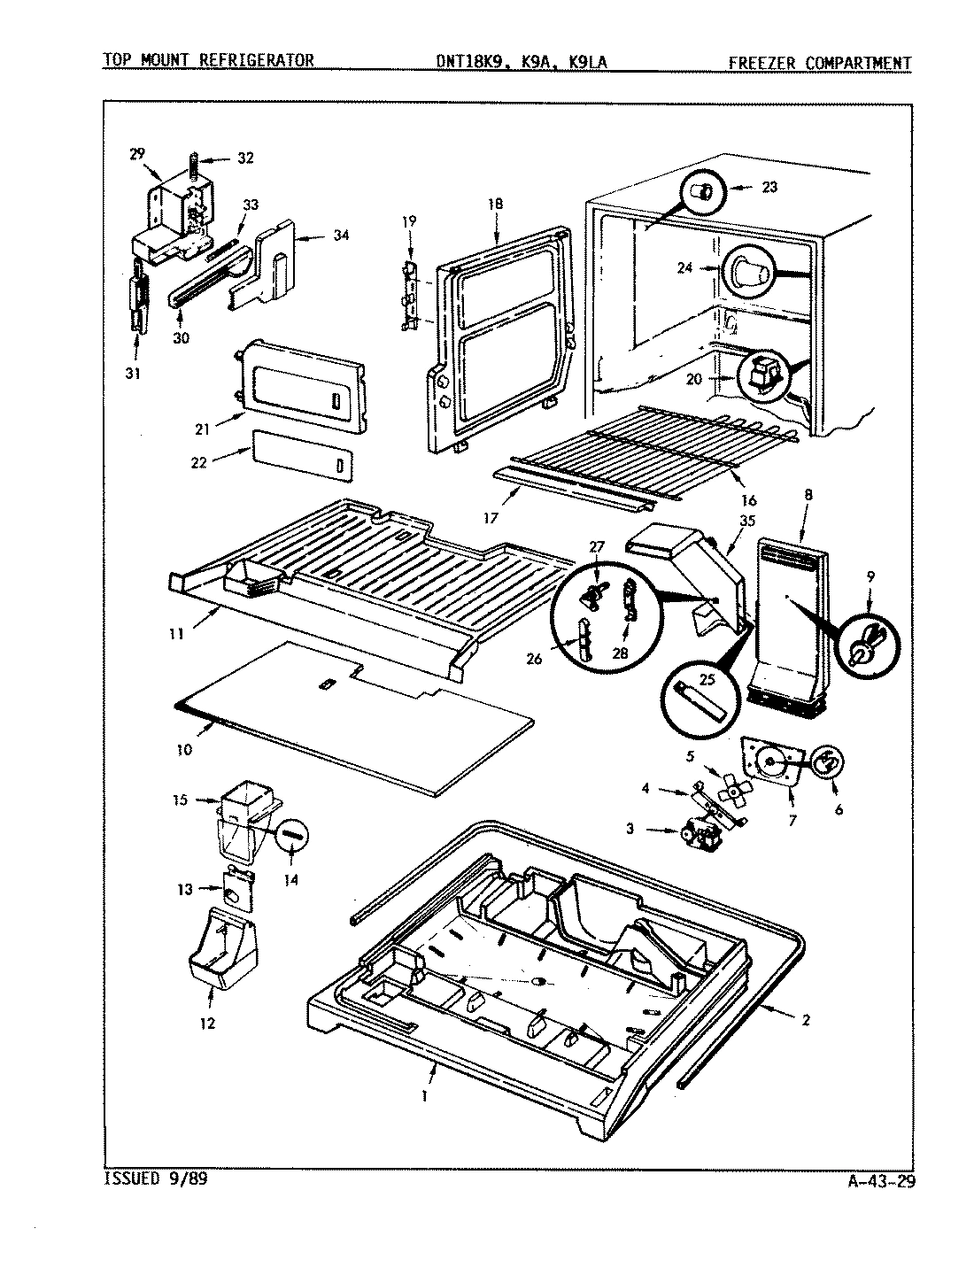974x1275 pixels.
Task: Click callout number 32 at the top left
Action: point(245,158)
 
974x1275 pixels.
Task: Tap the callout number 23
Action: point(769,187)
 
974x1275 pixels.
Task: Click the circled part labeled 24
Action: point(751,272)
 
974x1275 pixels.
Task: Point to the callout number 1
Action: point(425,1094)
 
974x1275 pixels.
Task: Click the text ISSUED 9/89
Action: point(158,1178)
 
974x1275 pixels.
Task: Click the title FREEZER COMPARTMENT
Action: point(820,62)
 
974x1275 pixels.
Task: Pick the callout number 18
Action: point(494,204)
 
